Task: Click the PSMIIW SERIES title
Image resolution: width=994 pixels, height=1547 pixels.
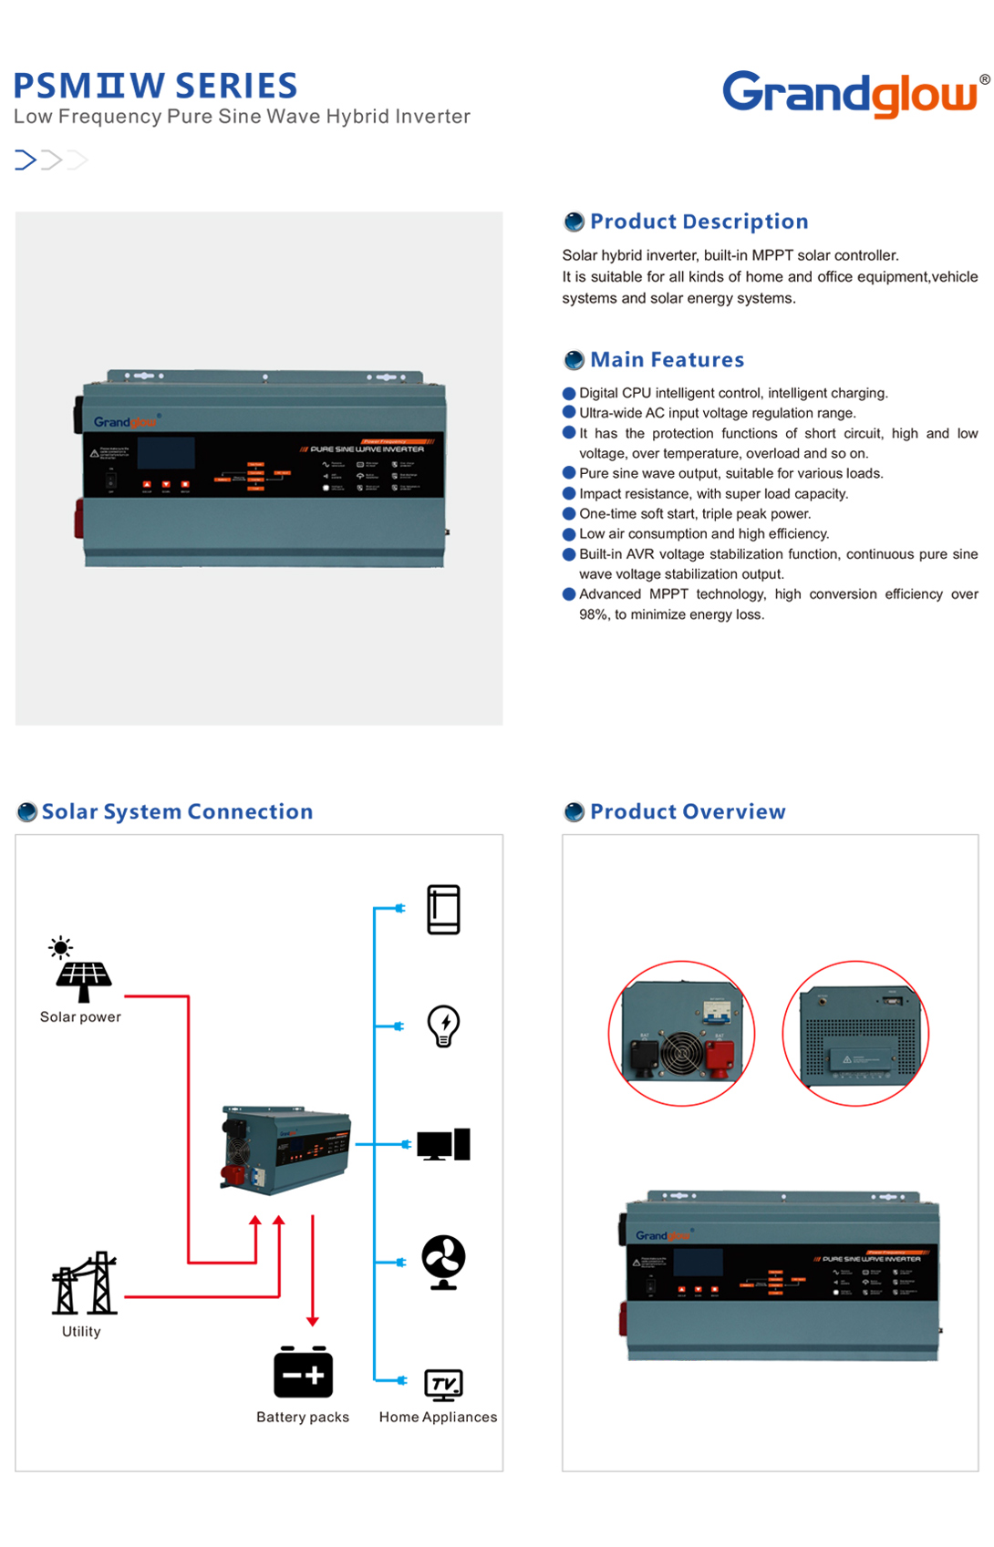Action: pyautogui.click(x=155, y=86)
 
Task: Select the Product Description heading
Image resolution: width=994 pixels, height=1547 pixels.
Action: pyautogui.click(x=699, y=222)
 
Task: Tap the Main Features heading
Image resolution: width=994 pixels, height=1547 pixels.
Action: pyautogui.click(x=667, y=360)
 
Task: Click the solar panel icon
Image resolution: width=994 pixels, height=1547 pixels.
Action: pyautogui.click(x=83, y=979)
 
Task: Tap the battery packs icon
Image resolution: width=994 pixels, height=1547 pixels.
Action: pyautogui.click(x=303, y=1372)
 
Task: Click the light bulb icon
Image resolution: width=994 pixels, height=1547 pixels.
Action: pyautogui.click(x=443, y=1026)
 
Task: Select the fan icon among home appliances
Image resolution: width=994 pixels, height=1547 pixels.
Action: pyautogui.click(x=443, y=1262)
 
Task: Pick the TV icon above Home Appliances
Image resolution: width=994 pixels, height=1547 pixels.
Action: pyautogui.click(x=443, y=1385)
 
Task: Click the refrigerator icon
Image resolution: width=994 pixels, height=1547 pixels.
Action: pyautogui.click(x=443, y=909)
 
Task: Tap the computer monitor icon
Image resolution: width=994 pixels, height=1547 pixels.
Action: pyautogui.click(x=443, y=1144)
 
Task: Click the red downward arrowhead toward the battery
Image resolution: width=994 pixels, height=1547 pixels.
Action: pyautogui.click(x=313, y=1320)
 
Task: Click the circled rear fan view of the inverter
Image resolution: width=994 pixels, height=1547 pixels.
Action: pyautogui.click(x=681, y=1034)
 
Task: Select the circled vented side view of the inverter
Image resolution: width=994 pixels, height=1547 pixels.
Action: pyautogui.click(x=855, y=1034)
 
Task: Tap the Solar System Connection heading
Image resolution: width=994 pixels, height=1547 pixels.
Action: pyautogui.click(x=177, y=811)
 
